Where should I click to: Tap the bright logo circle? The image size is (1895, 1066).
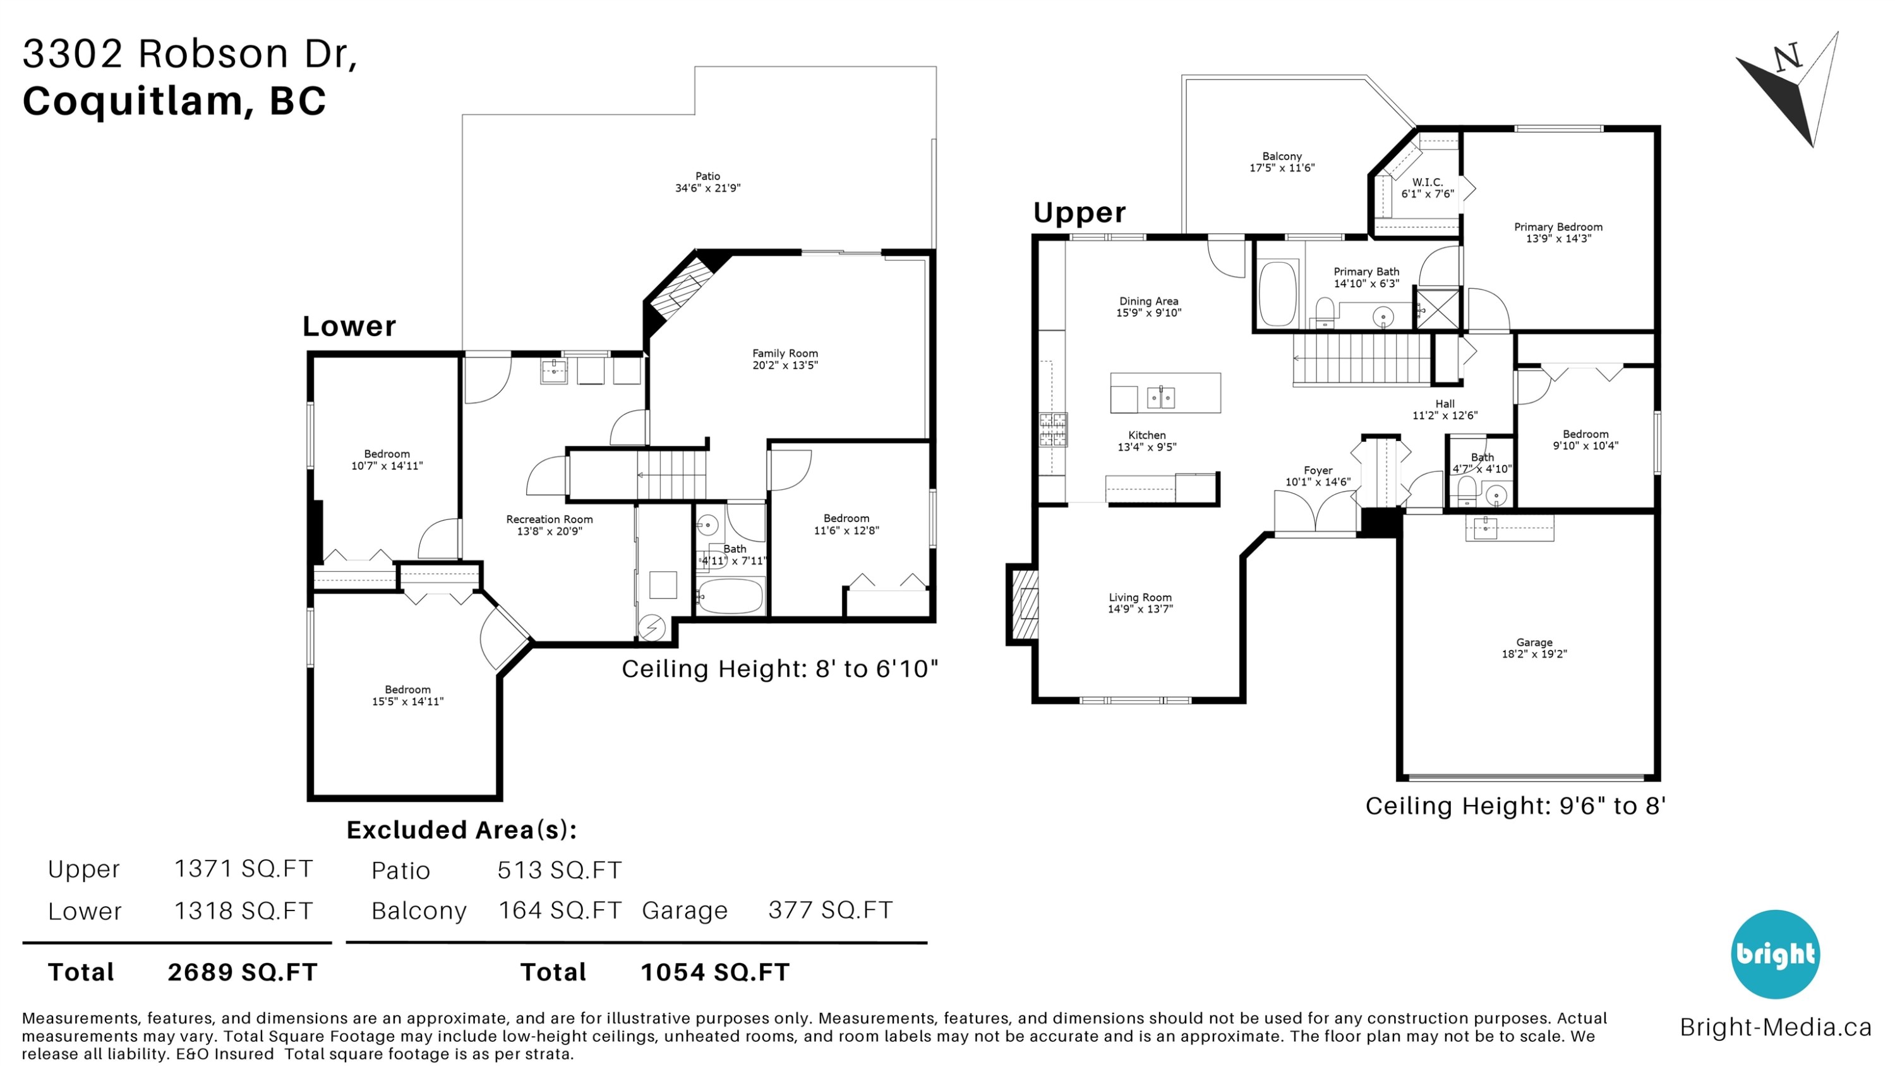point(1775,954)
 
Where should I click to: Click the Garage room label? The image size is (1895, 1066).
point(1534,642)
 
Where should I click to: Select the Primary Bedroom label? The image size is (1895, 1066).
point(1558,227)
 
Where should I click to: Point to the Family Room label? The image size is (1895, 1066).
point(785,353)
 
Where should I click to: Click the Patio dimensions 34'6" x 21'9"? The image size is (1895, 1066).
point(707,188)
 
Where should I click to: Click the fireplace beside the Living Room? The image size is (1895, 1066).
point(1023,604)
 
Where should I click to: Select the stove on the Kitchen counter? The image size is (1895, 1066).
point(1053,430)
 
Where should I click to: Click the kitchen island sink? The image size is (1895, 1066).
point(1161,398)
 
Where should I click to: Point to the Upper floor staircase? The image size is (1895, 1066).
point(1362,358)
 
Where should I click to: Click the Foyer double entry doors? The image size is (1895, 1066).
point(1315,511)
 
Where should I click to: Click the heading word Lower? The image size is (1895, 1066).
point(349,326)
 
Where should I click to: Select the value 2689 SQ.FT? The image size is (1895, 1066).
point(243,972)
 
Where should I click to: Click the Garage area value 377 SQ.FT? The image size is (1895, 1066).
point(831,910)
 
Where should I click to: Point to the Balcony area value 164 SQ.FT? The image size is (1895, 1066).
point(560,910)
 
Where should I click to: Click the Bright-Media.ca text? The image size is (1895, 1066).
point(1776,1027)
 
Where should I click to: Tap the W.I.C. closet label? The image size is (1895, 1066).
point(1427,182)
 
